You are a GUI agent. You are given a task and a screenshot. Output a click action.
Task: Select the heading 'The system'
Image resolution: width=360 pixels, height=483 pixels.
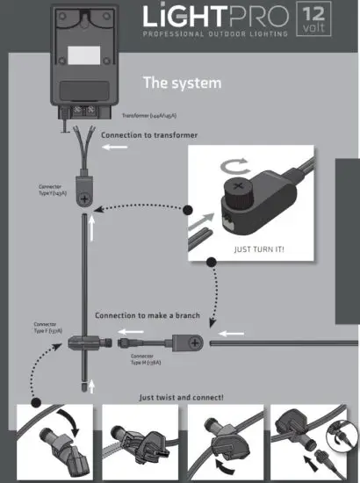[183, 83]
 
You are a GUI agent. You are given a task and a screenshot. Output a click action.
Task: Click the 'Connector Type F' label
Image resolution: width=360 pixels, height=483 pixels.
[46, 328]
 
